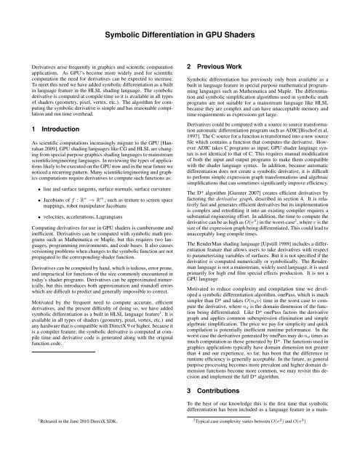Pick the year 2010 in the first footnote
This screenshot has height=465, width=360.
(x=69, y=440)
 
